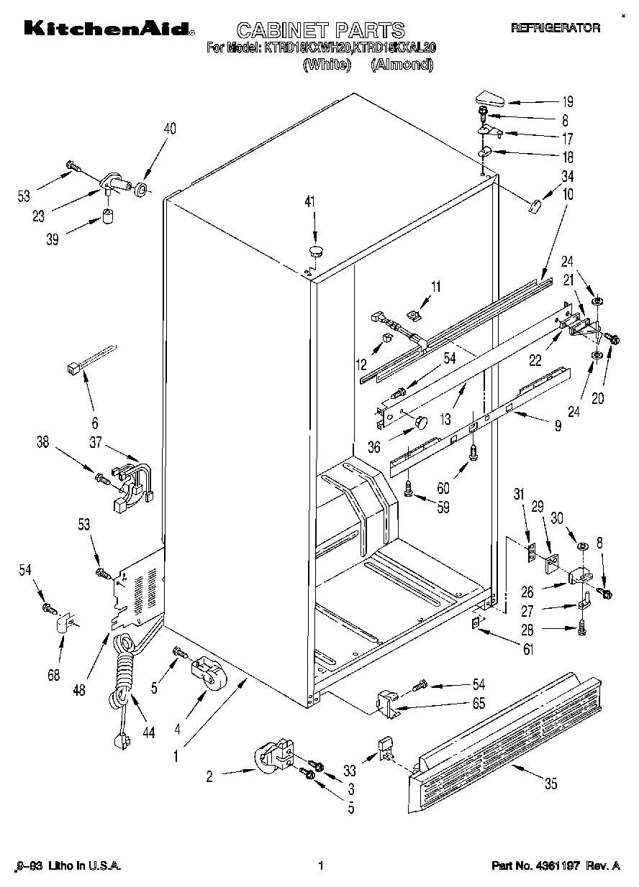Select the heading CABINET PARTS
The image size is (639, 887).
(x=320, y=30)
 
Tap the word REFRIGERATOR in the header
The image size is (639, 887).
(x=555, y=28)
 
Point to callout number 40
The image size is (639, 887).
(x=169, y=129)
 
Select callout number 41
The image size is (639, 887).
(x=309, y=202)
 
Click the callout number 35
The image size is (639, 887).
(x=550, y=784)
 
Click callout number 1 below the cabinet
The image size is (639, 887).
(x=176, y=756)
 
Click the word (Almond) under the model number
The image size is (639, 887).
(x=402, y=65)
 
